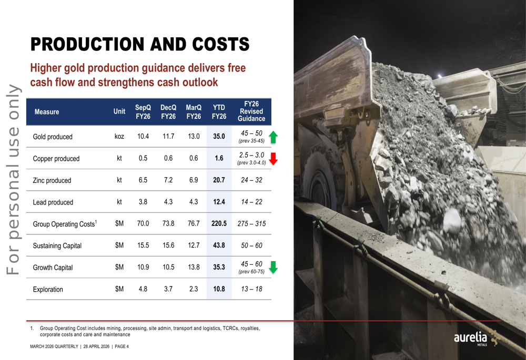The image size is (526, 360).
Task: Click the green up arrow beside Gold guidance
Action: click(272, 137)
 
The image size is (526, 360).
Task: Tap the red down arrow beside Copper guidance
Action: click(272, 158)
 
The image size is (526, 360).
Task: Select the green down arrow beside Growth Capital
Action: click(272, 268)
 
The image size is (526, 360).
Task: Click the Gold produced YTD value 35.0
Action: click(219, 137)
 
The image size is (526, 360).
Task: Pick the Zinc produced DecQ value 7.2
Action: click(168, 180)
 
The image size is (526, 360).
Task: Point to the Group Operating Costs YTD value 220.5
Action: click(219, 224)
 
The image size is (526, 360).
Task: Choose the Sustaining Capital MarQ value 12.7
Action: click(194, 245)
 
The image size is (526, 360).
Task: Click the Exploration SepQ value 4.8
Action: click(143, 289)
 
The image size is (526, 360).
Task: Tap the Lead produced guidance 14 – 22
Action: click(251, 202)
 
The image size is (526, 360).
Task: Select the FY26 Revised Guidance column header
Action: click(251, 111)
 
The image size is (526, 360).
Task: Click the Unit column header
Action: click(119, 111)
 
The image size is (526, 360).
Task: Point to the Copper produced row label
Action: click(56, 159)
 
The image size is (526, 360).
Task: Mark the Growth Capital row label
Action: click(53, 268)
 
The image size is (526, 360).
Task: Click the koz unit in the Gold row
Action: click(119, 137)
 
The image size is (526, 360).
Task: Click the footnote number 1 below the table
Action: click(32, 328)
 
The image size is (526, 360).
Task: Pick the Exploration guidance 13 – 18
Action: click(251, 289)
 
